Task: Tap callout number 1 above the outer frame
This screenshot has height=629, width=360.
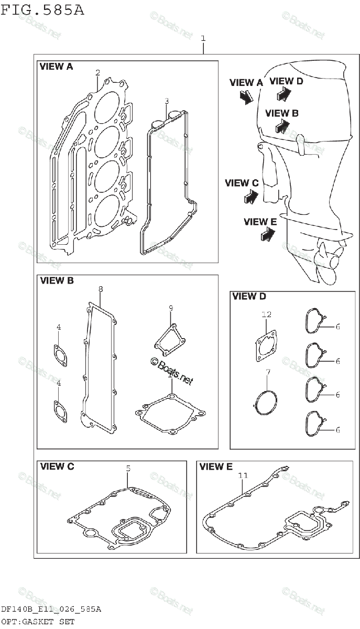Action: pos(203,38)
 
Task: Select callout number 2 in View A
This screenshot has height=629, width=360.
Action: pos(97,72)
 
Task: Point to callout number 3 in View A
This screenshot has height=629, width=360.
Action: pos(166,101)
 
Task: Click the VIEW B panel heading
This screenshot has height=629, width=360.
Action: pos(57,281)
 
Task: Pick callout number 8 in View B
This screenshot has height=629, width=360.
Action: pos(101,289)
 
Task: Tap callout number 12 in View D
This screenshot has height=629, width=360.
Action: pos(267,314)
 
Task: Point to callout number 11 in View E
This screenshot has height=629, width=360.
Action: pos(242,475)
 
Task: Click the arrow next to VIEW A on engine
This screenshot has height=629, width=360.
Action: pos(245,97)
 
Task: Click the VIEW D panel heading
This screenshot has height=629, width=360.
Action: pos(248,297)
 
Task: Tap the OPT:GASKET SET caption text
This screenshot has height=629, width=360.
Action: pos(37,622)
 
